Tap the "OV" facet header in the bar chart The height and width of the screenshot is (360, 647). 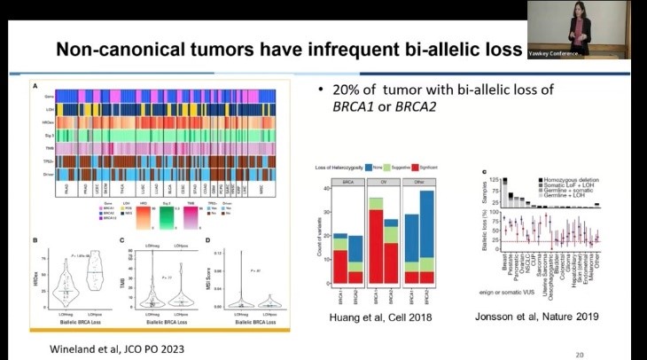[x=391, y=181]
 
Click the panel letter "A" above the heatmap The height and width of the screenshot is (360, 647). [x=34, y=87]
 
